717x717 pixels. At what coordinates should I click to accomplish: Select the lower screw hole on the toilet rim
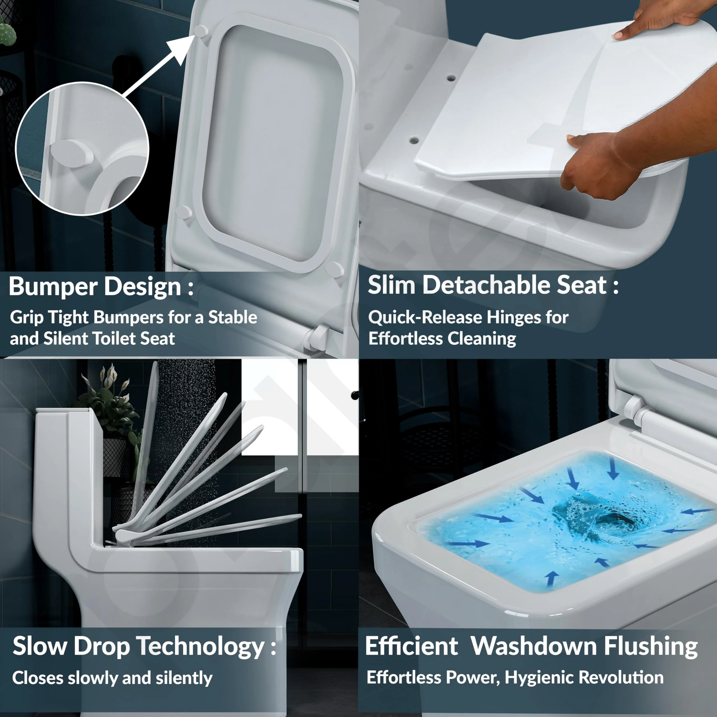tap(414, 141)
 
